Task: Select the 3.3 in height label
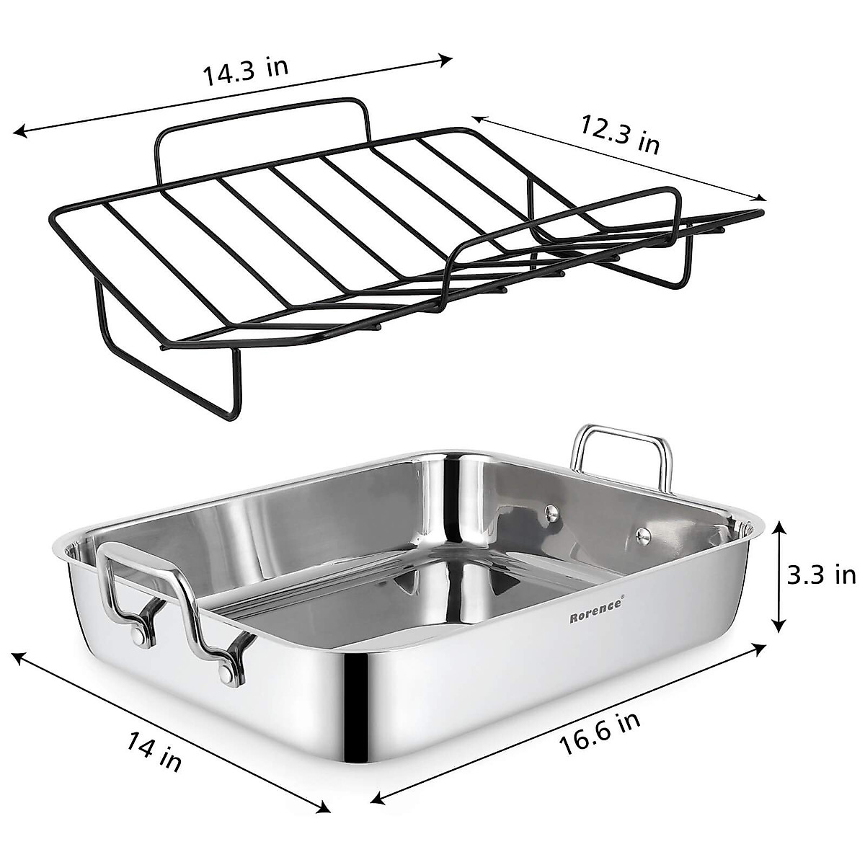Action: pos(820,575)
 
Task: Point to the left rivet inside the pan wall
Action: pos(551,512)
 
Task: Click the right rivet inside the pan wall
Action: pos(643,534)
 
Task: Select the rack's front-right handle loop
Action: pos(562,216)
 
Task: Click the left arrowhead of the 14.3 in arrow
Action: pos(19,131)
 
